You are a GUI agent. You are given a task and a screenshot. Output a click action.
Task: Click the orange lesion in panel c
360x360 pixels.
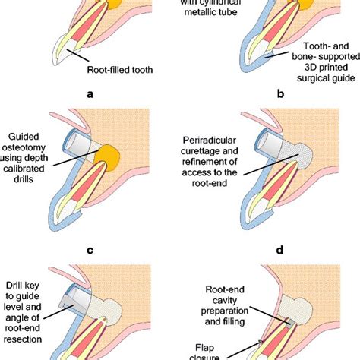coord(118,156)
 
